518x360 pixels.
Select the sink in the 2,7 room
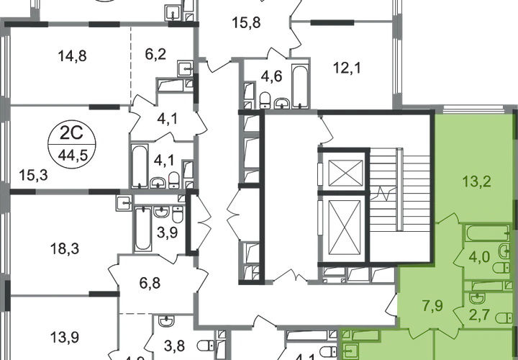click(x=476, y=296)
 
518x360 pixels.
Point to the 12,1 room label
click(x=347, y=70)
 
